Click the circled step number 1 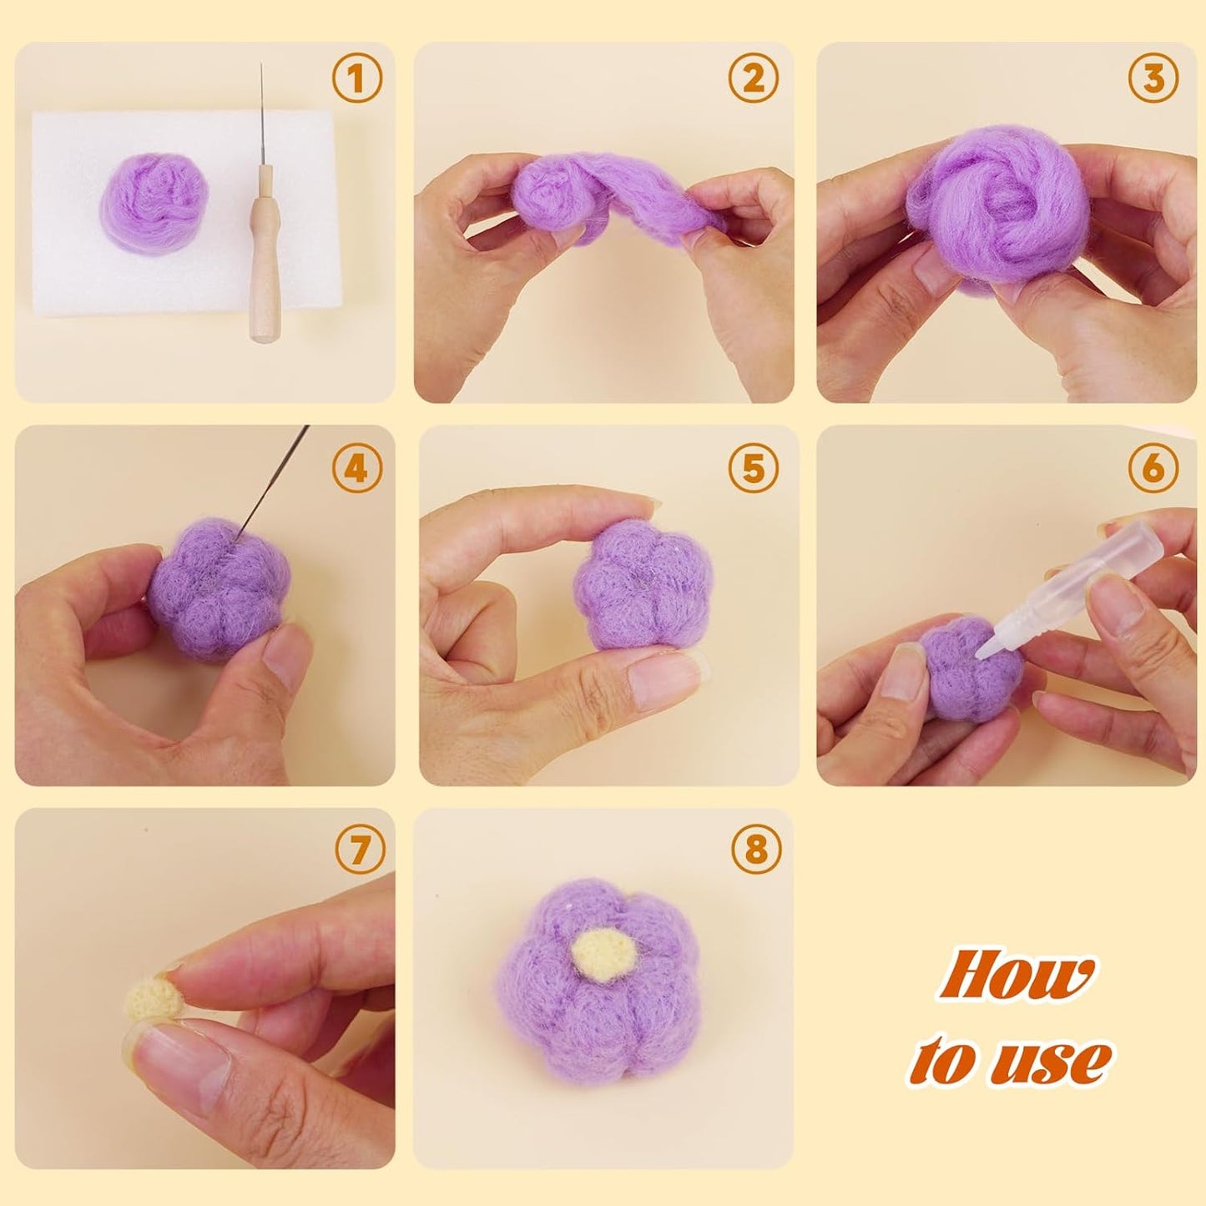(357, 80)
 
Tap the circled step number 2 (754, 80)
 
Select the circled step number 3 (1153, 80)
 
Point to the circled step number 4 (356, 468)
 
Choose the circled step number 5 (754, 468)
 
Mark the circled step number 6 (1153, 468)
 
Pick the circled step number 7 (360, 850)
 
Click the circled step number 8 (756, 850)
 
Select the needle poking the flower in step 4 (275, 476)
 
